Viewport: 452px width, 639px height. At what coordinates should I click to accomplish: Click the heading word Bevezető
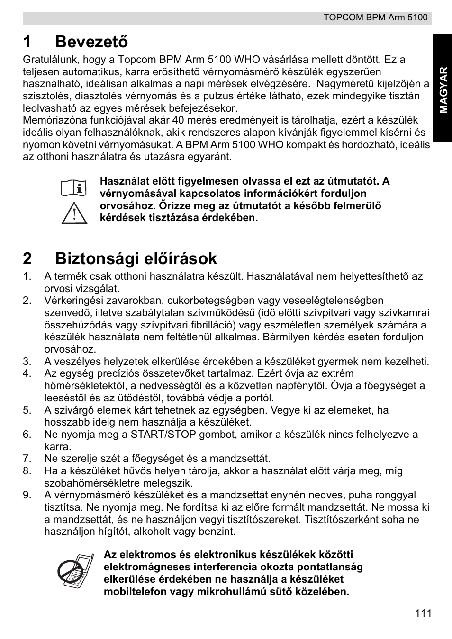pos(91,42)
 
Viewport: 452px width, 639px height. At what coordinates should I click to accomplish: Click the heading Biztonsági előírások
pos(136,258)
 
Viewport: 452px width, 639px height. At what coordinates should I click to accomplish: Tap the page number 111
pos(423,613)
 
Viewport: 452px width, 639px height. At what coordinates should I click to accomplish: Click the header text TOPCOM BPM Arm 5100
pos(375,18)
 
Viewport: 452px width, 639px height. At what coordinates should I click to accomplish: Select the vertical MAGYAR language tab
pos(443,89)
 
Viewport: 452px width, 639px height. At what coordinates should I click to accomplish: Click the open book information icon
pos(74,188)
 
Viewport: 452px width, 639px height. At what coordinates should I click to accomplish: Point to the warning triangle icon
pos(74,213)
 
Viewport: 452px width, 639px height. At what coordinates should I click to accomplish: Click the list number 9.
pos(27,495)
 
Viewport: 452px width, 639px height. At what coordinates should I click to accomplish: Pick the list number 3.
pos(27,362)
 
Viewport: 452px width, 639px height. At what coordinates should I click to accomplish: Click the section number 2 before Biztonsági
pos(28,258)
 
